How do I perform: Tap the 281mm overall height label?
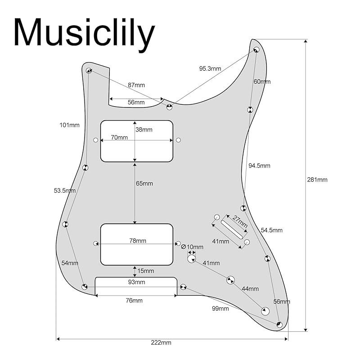point(317,180)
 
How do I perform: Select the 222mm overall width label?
point(161,342)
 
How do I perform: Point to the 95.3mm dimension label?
point(210,68)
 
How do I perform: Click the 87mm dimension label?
point(136,85)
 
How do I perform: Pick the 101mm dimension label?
point(69,125)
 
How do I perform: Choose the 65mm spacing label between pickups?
point(144,184)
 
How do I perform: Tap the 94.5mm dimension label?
point(259,166)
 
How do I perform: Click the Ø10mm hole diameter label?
point(192,247)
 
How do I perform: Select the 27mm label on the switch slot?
point(240,221)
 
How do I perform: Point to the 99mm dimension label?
point(220,308)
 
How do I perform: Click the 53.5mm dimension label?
point(64,190)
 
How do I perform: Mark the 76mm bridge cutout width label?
point(134,300)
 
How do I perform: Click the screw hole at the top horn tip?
point(256,49)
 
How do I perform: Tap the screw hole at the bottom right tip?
point(279,324)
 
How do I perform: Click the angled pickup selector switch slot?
point(232,229)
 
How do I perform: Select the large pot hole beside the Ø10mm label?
point(192,259)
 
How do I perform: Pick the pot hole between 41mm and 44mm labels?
point(230,280)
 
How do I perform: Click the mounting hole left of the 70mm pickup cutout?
point(95,140)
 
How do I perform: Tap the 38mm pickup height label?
point(144,130)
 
